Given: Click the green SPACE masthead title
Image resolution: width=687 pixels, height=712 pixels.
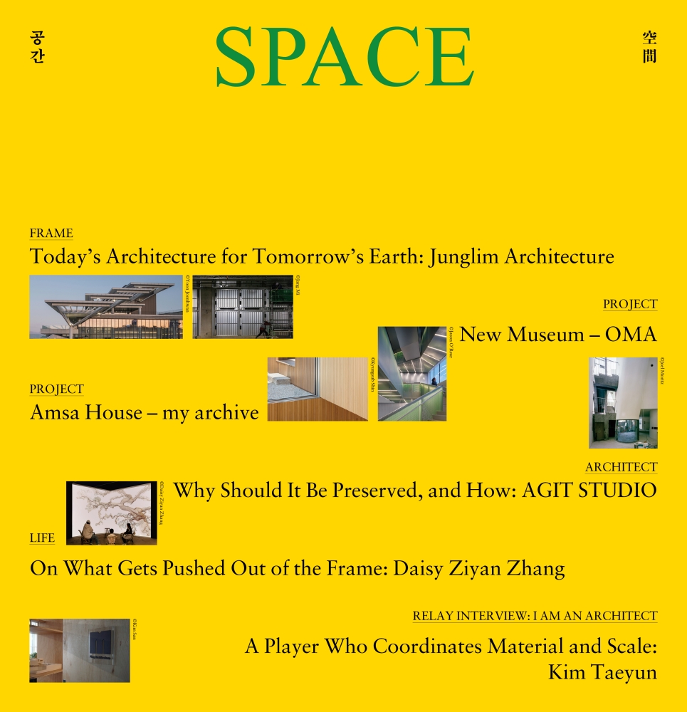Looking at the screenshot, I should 345,57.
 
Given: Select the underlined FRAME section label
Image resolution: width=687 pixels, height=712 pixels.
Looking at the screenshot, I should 51,234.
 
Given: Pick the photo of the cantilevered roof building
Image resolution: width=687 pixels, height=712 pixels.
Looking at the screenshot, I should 105,307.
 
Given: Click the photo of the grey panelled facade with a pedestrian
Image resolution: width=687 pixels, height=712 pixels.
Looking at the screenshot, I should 243,307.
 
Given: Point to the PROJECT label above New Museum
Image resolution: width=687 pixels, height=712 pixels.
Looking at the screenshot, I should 630,304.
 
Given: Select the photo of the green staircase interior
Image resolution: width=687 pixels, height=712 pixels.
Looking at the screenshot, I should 411,374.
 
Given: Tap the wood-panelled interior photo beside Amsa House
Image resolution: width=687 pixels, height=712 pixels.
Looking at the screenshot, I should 318,389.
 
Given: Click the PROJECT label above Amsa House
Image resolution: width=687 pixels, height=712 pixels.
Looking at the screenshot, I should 57,389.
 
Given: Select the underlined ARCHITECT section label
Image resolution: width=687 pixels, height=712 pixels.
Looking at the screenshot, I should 621,467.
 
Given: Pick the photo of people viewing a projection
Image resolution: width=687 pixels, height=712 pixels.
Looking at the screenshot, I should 111,513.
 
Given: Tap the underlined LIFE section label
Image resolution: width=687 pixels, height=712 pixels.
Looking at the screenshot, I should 42,538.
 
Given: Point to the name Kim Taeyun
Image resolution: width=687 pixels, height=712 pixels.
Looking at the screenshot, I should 602,671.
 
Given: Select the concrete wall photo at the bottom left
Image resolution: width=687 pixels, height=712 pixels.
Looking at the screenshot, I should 80,651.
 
